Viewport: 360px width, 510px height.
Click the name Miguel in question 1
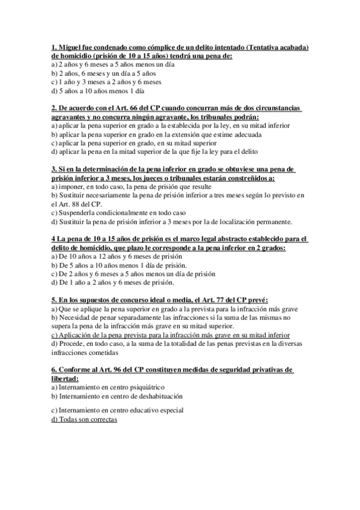click(70, 48)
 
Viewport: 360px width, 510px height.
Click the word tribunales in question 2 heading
click(211, 117)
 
